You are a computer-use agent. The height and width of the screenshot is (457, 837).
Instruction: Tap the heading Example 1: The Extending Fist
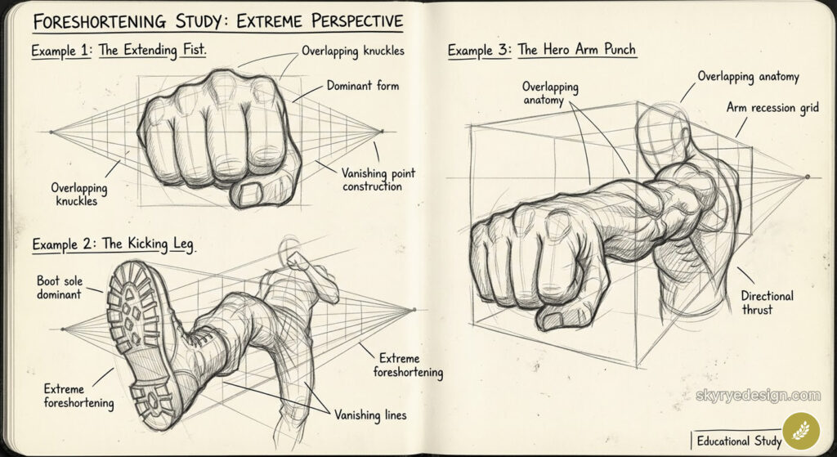click(x=119, y=51)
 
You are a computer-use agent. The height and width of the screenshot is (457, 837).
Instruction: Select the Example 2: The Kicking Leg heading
click(x=114, y=244)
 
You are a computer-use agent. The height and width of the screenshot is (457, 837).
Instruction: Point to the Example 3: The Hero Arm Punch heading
click(x=541, y=50)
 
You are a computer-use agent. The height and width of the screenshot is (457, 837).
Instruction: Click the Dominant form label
click(x=363, y=85)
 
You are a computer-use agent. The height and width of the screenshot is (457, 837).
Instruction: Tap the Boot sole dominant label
click(x=60, y=287)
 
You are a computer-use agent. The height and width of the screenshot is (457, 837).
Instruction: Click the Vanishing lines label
click(x=369, y=414)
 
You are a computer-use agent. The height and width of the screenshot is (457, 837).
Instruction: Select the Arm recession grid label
click(x=772, y=108)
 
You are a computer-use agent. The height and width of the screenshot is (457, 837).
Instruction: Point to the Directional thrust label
click(x=767, y=303)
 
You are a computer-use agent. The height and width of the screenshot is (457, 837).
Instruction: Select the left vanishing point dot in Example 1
click(x=51, y=131)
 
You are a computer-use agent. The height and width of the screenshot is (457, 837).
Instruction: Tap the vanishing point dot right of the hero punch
click(x=808, y=176)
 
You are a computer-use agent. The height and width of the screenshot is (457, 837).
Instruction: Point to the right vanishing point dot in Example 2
click(x=414, y=309)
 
